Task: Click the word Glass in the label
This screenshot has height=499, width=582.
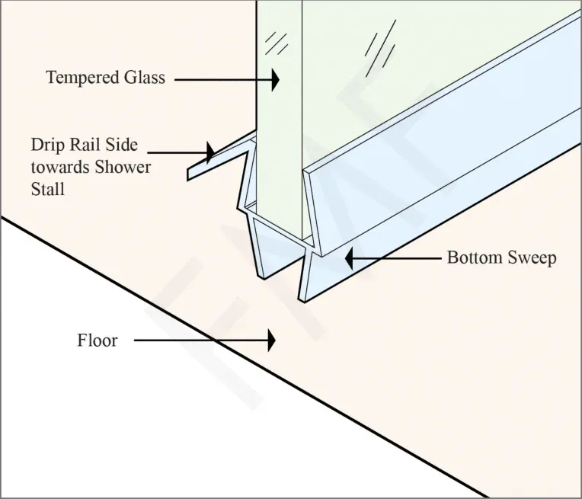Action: pyautogui.click(x=145, y=77)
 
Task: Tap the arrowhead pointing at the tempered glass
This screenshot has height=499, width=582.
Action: pyautogui.click(x=275, y=79)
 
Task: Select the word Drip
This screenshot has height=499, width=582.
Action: pyautogui.click(x=46, y=146)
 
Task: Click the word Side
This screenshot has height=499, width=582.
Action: pyautogui.click(x=121, y=145)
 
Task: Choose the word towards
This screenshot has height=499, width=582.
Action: pyautogui.click(x=59, y=168)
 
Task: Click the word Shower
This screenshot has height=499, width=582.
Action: pyautogui.click(x=123, y=167)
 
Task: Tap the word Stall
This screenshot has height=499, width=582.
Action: pyautogui.click(x=47, y=189)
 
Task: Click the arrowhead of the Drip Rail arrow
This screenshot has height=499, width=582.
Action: pyautogui.click(x=211, y=152)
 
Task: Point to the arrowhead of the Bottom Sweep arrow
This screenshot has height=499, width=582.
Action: pyautogui.click(x=349, y=257)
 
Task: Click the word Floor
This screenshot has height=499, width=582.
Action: pyautogui.click(x=98, y=341)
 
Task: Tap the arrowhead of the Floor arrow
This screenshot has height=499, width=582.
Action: pyautogui.click(x=272, y=340)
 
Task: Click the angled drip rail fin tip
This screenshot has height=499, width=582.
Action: pyautogui.click(x=188, y=175)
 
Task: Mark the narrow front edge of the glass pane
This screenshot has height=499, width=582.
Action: pyautogui.click(x=279, y=119)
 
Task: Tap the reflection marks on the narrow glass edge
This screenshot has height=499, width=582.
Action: pyautogui.click(x=277, y=43)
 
